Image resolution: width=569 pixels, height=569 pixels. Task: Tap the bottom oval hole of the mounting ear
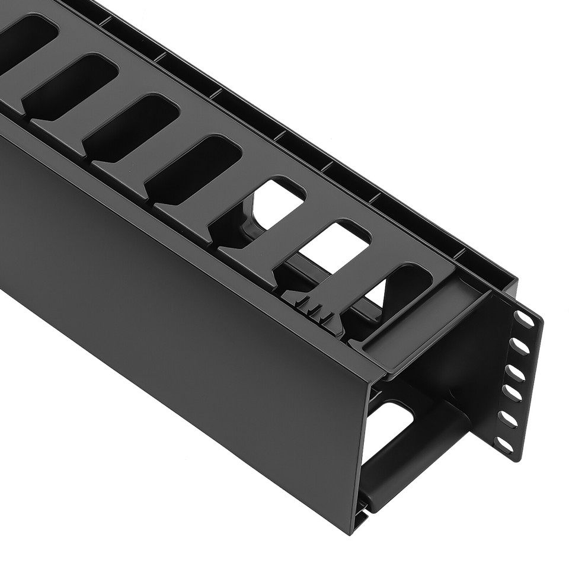coord(505,445)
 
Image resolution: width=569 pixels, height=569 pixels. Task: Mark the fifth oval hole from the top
coord(508,418)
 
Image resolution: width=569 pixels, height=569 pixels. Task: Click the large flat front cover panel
coord(178,308)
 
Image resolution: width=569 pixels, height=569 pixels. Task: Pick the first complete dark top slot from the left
coord(71,86)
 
